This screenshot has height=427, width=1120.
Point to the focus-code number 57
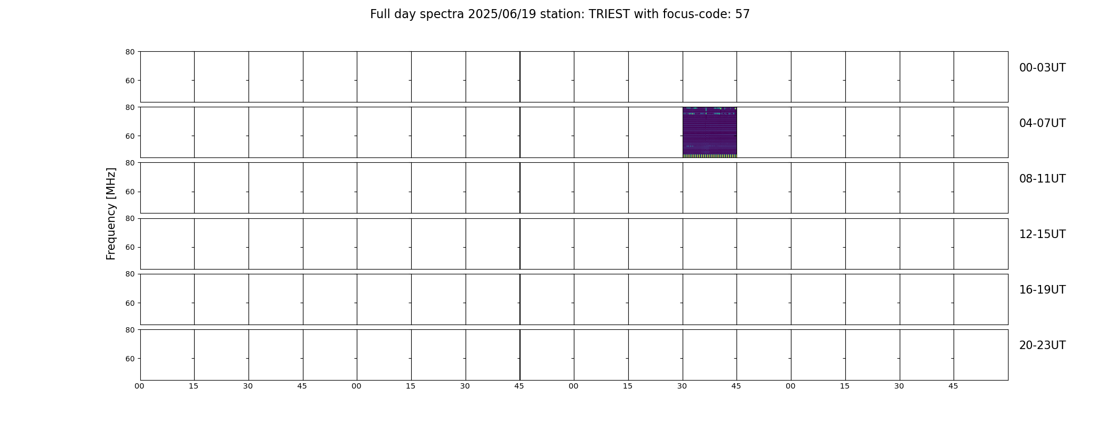point(742,14)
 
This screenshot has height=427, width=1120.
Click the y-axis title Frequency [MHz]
point(111,213)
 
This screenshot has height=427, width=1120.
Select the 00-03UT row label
point(1042,68)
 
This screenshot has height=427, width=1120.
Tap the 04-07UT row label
point(1042,123)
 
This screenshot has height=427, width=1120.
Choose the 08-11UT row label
point(1042,179)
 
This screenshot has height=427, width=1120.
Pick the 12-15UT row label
point(1042,234)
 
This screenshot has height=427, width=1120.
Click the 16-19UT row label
point(1042,290)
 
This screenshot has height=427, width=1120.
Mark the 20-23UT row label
point(1042,345)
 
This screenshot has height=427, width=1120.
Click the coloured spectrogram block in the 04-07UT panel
point(709,132)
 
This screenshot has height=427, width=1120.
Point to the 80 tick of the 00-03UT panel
point(130,52)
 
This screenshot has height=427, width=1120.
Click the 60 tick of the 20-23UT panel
point(130,359)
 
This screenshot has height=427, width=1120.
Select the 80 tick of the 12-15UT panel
point(130,218)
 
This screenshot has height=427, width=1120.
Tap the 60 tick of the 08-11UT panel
point(130,192)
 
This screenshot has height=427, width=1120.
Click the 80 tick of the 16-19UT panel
point(130,274)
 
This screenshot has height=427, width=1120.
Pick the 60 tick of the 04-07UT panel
point(130,136)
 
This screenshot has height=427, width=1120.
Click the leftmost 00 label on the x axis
point(140,386)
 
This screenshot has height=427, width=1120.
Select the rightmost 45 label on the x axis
point(953,386)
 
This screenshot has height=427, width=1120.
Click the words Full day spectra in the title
point(417,14)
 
